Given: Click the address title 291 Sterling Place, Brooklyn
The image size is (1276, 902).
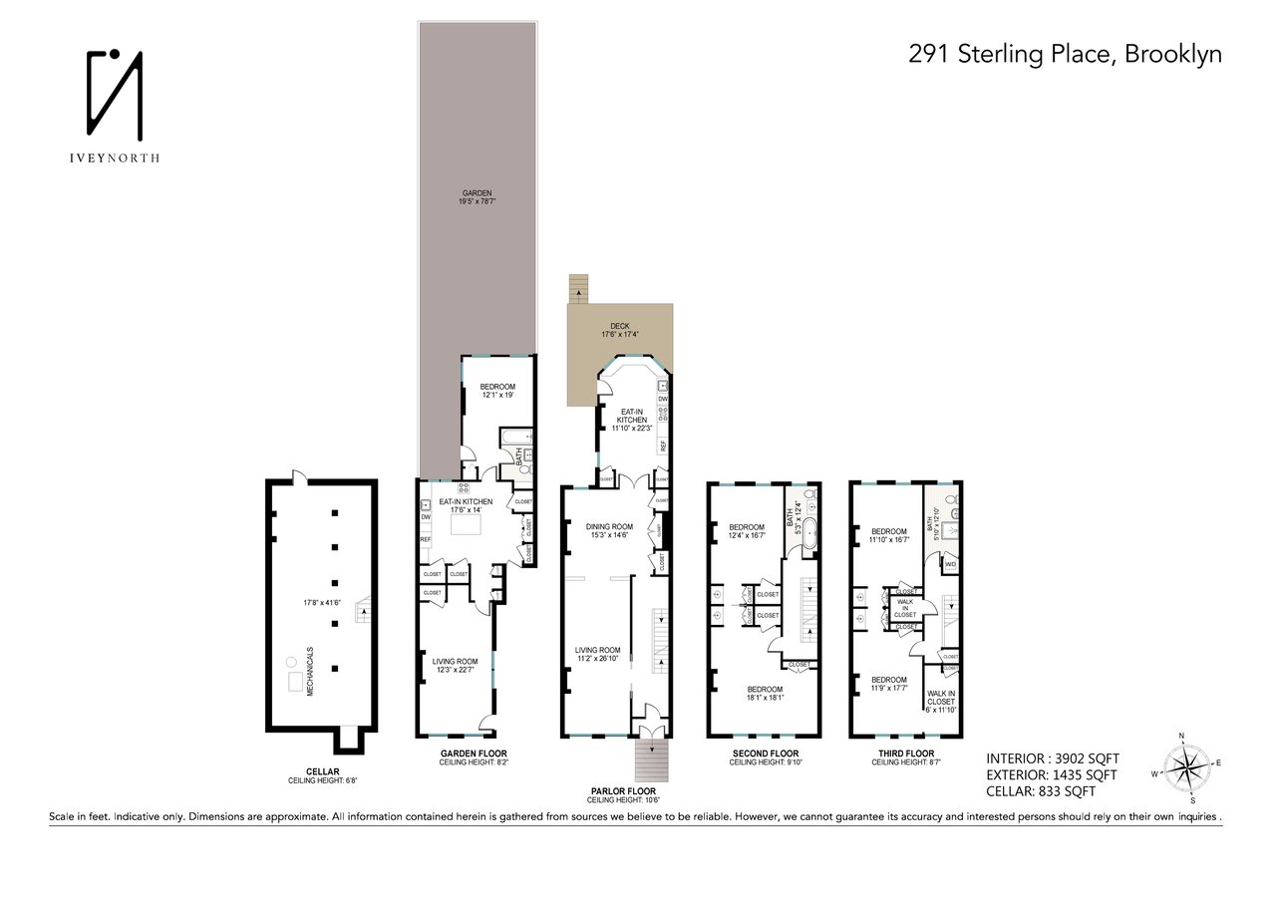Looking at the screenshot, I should [1065, 55].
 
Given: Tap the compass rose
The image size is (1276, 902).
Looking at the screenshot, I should [1183, 767].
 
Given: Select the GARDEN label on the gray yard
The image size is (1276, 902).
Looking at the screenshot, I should [477, 193].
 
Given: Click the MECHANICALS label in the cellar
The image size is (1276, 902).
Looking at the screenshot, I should [310, 674].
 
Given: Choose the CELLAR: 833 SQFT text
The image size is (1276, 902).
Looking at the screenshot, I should [1041, 791].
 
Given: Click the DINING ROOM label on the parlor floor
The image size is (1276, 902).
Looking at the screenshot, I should [609, 526].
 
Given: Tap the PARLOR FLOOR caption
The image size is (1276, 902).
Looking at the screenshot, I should [623, 790].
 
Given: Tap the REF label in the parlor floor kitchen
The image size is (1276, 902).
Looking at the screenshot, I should [663, 445].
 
